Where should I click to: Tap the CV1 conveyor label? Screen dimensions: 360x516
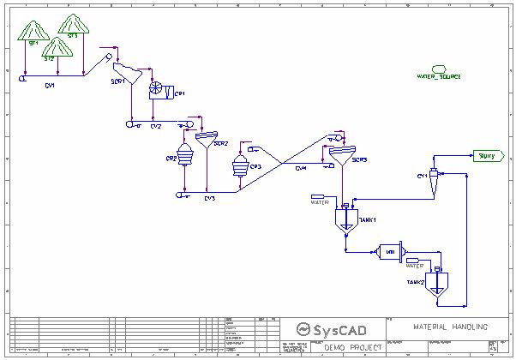[x=51, y=86]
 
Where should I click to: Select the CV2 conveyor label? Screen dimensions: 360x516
[x=156, y=126]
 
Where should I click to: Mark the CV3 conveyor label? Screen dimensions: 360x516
[x=209, y=199]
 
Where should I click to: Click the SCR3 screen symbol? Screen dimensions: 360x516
[x=341, y=156]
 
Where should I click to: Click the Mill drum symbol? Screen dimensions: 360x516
[x=389, y=251]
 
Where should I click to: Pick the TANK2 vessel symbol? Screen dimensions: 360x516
[x=437, y=282]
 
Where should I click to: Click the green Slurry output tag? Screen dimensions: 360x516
[x=486, y=156]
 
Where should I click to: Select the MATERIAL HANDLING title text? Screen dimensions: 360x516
[x=451, y=327]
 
